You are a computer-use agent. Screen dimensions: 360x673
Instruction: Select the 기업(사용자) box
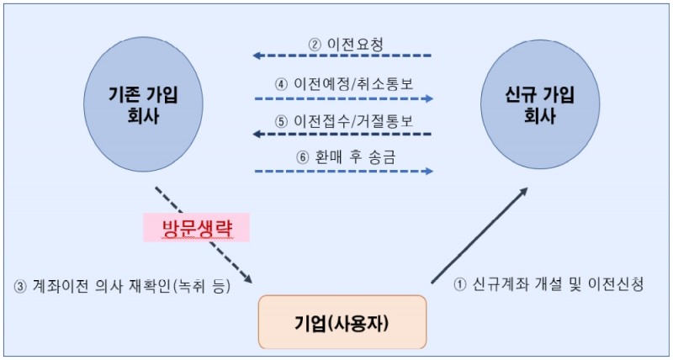tap(341, 321)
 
